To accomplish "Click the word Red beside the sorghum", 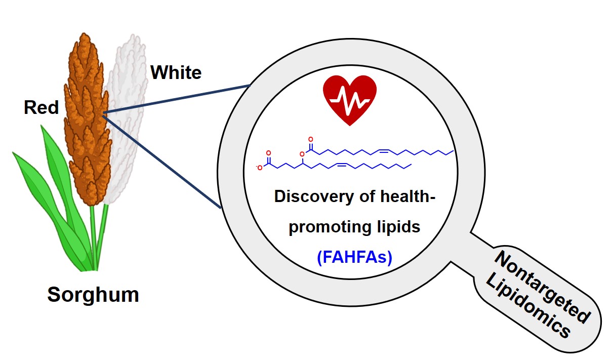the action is [x=41, y=107].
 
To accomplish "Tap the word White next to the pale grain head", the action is [x=176, y=72].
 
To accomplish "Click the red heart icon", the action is [x=350, y=100].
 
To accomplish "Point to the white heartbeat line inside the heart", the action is [x=350, y=102].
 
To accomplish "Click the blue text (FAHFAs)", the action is [x=354, y=257].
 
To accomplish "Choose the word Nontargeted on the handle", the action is [x=542, y=287].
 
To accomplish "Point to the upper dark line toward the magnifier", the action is [x=177, y=99].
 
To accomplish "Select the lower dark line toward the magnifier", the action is [x=162, y=162].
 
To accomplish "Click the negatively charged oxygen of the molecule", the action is [x=260, y=168].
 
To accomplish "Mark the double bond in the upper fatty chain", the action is [x=384, y=150].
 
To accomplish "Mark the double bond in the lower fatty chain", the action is [x=342, y=165].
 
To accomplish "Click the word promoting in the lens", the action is [x=330, y=227].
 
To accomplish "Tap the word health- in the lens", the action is [x=408, y=196].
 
